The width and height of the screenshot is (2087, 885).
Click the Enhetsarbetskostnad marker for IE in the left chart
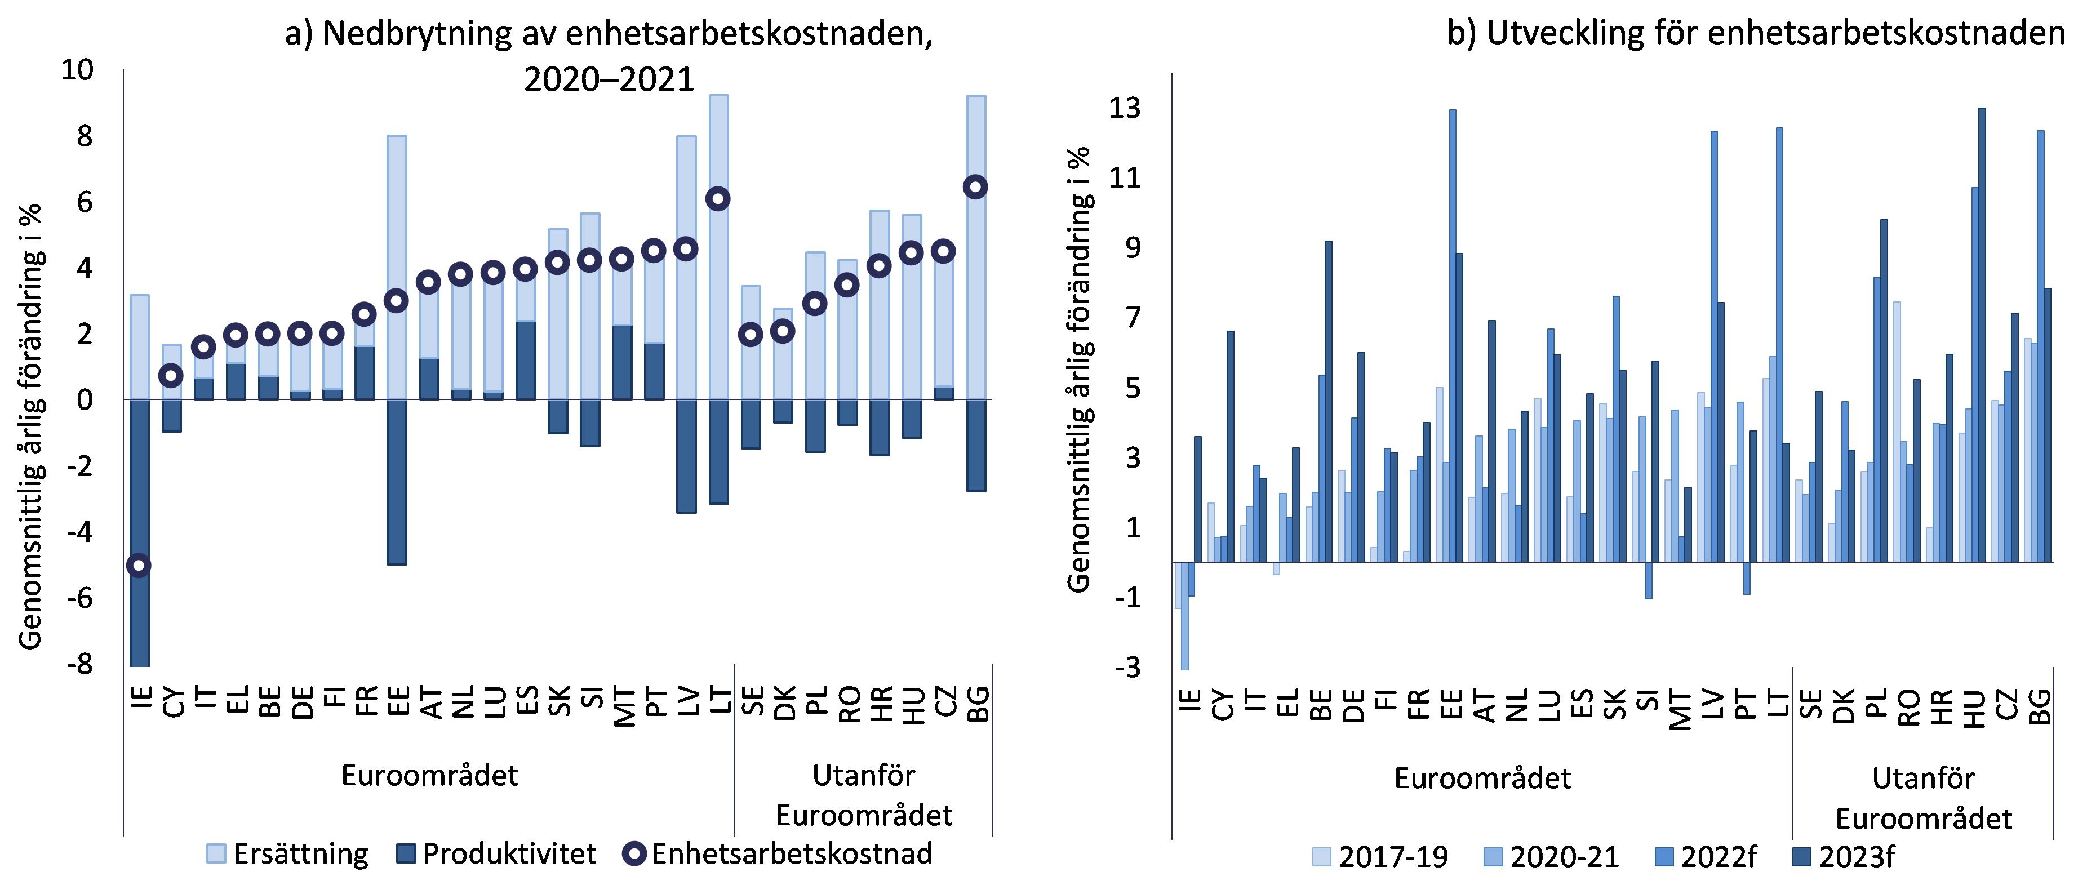point(139,565)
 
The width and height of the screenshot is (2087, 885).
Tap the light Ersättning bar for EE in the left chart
point(397,267)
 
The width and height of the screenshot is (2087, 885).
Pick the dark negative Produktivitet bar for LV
point(686,456)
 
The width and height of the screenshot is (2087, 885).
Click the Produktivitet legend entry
point(496,853)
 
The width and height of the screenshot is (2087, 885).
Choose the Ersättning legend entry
point(287,853)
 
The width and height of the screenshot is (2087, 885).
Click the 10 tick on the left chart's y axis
point(78,70)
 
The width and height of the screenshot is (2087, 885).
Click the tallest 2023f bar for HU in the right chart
point(1982,335)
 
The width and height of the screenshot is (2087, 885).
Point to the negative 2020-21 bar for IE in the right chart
point(1184,615)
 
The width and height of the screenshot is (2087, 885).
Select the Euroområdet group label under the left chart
point(429,775)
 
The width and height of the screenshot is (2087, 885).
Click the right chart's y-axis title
point(1079,369)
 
